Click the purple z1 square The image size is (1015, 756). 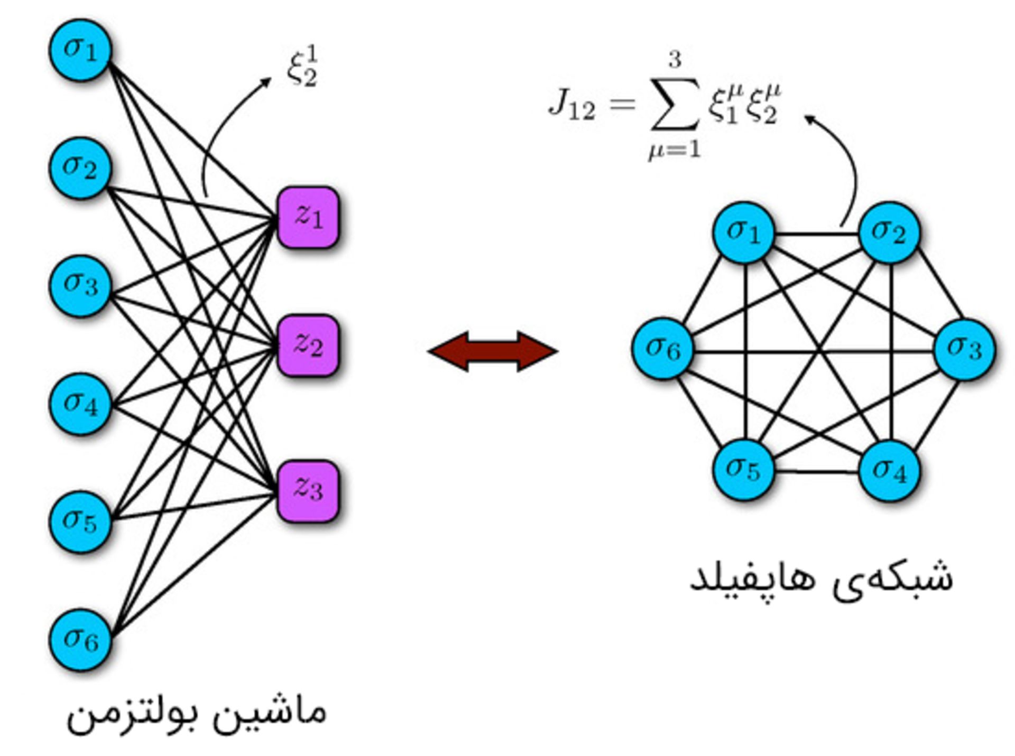coord(308,217)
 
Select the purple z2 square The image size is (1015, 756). coord(308,346)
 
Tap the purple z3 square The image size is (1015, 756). coord(308,491)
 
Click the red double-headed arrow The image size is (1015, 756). coord(493,351)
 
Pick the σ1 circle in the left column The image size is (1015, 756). coord(80,50)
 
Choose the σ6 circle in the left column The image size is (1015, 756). coord(80,640)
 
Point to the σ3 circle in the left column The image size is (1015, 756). coord(80,286)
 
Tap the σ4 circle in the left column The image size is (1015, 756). coord(80,404)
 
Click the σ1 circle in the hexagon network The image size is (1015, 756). coord(743,232)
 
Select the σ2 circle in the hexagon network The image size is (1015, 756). coord(889,232)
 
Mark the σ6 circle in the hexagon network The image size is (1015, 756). coord(663,349)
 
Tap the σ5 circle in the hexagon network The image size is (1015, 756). coord(743,469)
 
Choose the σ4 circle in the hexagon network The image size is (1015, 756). coord(889,470)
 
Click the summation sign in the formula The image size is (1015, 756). coord(675,104)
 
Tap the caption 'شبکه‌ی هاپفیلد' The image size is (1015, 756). coord(821,578)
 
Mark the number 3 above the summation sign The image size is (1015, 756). coord(675,60)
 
